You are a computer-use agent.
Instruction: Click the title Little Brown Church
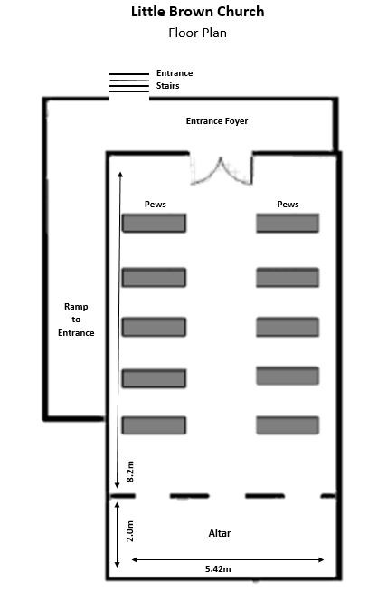(197, 12)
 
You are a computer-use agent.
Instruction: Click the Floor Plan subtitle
(197, 33)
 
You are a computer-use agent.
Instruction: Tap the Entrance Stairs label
(175, 79)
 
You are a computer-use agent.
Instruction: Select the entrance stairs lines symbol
(129, 82)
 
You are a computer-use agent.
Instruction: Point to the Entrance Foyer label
(217, 121)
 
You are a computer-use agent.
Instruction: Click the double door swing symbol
(222, 171)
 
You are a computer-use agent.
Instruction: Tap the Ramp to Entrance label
(76, 320)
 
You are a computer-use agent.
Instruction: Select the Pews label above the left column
(155, 204)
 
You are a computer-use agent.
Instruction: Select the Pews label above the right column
(288, 204)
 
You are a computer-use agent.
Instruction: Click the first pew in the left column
(154, 223)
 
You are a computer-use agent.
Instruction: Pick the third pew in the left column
(154, 327)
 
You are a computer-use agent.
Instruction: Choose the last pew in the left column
(154, 425)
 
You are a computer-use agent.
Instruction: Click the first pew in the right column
(288, 223)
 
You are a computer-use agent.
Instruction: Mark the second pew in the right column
(288, 278)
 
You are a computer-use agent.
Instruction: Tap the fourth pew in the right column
(288, 376)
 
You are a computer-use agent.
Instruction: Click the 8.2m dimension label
(130, 472)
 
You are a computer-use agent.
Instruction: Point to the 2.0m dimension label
(130, 531)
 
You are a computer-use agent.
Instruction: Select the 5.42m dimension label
(218, 569)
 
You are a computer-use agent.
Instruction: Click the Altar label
(220, 533)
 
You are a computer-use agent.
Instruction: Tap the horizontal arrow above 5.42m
(228, 560)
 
